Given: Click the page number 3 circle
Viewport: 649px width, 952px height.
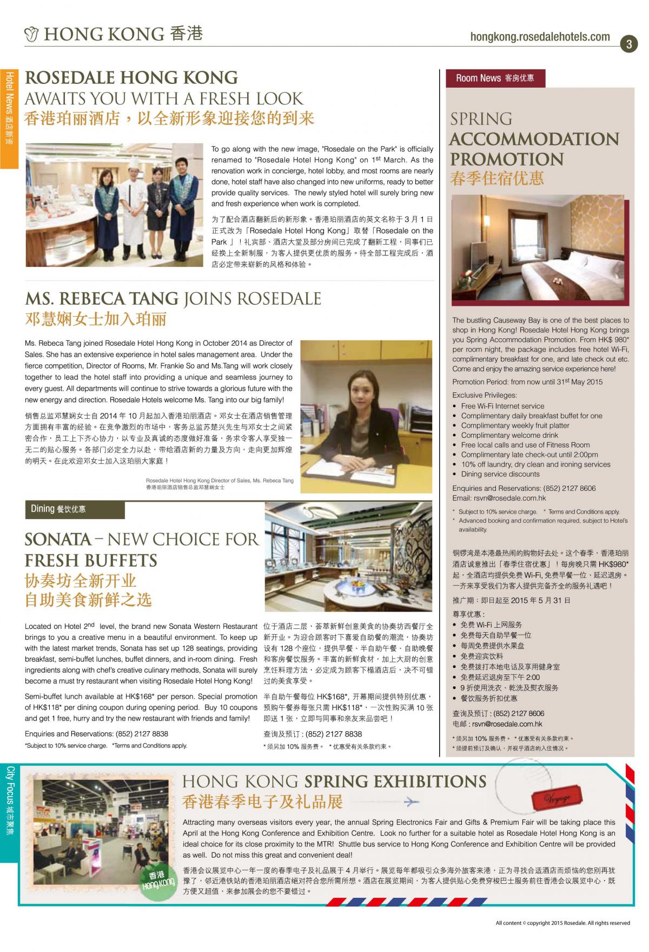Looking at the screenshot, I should [x=628, y=44].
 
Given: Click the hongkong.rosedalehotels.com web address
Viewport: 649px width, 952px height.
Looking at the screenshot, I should [x=540, y=37].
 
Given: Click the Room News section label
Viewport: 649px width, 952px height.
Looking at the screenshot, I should [x=495, y=78].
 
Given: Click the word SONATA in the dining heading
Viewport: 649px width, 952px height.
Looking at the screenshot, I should [x=58, y=539].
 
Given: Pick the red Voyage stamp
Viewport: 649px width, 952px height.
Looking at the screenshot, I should [x=557, y=798].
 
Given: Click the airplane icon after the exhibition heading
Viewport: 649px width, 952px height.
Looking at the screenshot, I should [x=412, y=801].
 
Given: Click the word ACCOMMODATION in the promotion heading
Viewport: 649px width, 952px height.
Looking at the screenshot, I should [x=534, y=139].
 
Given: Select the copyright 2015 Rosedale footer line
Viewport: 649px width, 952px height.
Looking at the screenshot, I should [x=562, y=923].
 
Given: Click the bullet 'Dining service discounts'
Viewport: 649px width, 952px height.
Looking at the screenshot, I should [x=500, y=474].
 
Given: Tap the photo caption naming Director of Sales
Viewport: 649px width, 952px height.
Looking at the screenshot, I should [x=220, y=481].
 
